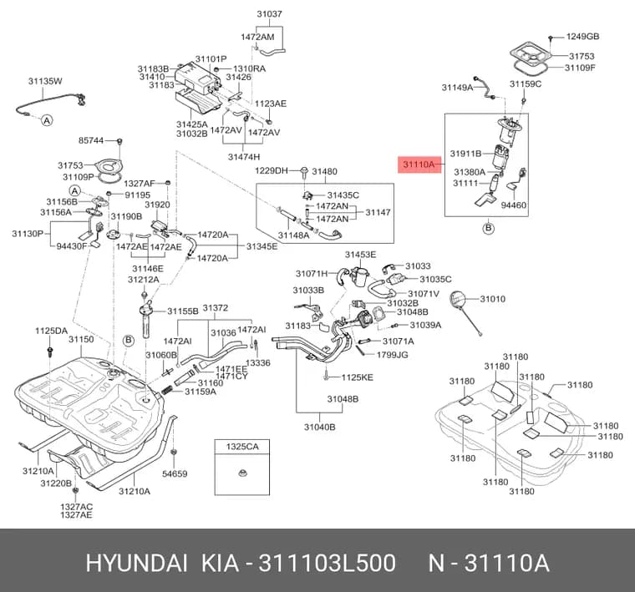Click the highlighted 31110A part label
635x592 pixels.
click(419, 164)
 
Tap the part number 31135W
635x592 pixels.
click(45, 81)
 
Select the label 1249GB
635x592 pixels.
click(582, 37)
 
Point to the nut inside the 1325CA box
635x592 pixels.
click(242, 473)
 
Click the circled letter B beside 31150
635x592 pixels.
click(129, 341)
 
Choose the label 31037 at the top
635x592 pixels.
click(269, 14)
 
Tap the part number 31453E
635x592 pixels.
click(360, 255)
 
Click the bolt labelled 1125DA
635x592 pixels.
click(50, 352)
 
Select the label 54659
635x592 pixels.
click(175, 473)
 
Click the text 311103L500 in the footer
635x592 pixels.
click(327, 563)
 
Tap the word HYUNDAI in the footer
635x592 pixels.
click(137, 563)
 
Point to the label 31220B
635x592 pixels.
click(56, 483)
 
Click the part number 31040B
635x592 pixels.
click(319, 427)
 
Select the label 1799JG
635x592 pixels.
click(393, 355)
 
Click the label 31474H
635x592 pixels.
click(244, 157)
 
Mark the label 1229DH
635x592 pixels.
click(272, 171)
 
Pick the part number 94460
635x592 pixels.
click(514, 205)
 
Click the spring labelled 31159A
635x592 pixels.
click(167, 391)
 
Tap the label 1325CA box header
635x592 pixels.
click(242, 447)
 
